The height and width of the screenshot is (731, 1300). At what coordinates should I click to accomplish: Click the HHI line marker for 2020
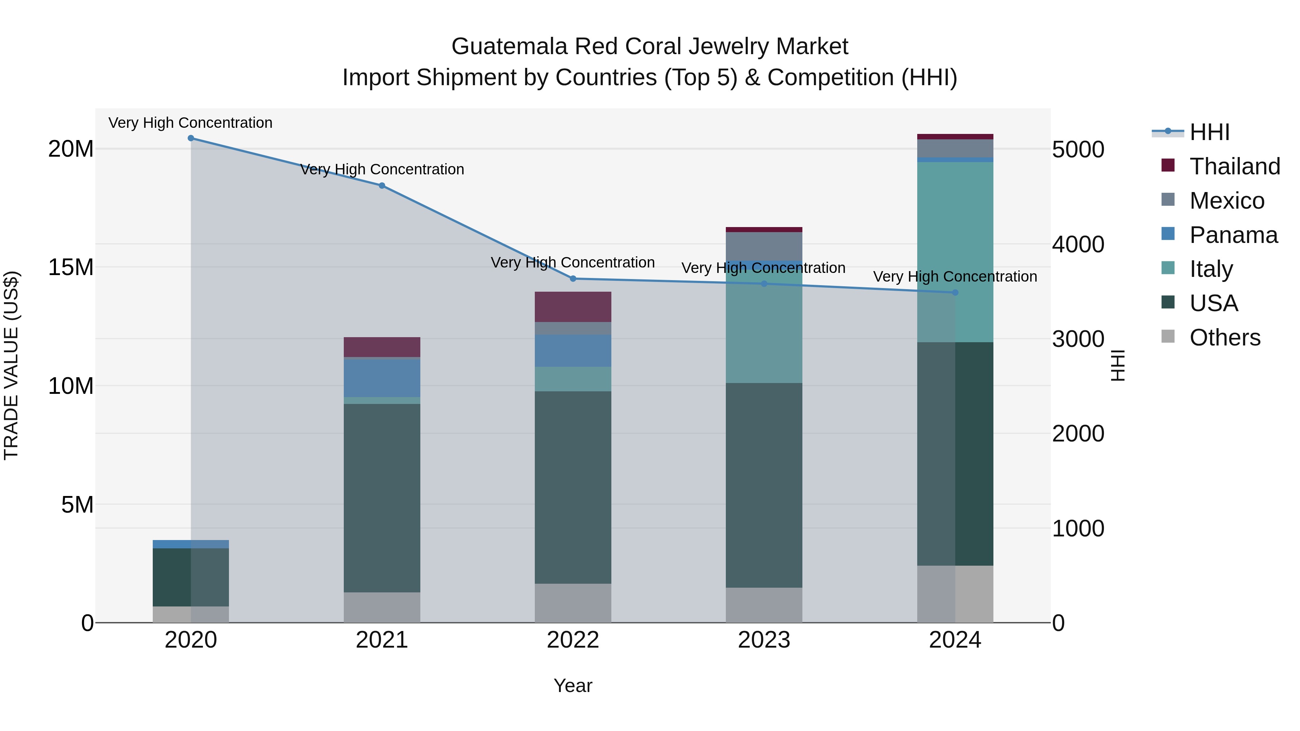(191, 138)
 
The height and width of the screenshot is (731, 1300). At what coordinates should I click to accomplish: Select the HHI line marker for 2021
(382, 186)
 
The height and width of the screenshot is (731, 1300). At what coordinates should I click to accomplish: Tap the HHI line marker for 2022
(573, 278)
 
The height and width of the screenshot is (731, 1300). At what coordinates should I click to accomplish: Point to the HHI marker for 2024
(955, 293)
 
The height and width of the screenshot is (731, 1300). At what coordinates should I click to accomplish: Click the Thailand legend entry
(1234, 166)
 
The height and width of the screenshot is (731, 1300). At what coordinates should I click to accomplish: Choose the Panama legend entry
(1233, 235)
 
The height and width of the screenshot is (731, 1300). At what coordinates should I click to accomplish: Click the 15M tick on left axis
(71, 267)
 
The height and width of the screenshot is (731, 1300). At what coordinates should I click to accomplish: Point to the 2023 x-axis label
(763, 640)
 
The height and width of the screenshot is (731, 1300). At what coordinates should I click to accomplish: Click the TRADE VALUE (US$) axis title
(11, 365)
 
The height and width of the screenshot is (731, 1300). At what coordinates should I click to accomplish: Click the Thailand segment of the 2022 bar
(573, 307)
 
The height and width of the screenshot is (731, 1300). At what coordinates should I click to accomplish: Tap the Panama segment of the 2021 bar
(382, 378)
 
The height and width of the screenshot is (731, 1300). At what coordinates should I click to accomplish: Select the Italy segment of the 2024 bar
(955, 252)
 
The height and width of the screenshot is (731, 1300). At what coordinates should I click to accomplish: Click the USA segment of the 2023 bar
(763, 484)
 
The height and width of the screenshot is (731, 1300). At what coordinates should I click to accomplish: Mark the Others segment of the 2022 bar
(573, 603)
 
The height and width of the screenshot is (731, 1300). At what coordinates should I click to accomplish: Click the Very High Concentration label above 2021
(382, 170)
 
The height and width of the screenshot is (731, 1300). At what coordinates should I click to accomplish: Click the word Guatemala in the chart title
(509, 47)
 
